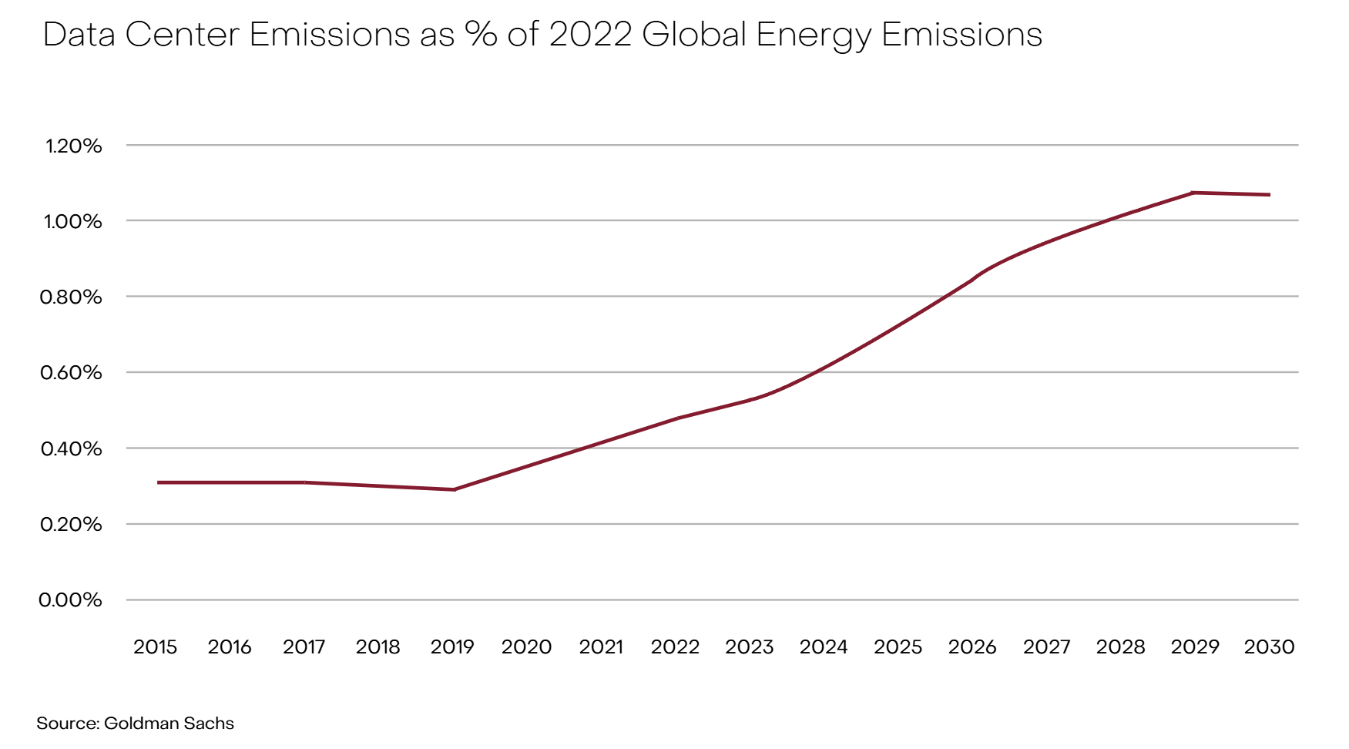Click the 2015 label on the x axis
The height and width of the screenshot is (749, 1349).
(x=155, y=647)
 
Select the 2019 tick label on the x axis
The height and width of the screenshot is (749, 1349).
(x=452, y=647)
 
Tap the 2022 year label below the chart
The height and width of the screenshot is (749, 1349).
(x=675, y=647)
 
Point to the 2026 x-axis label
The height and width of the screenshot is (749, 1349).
(x=972, y=647)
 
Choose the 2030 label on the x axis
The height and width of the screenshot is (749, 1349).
(x=1269, y=647)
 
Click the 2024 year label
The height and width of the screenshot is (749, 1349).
(x=824, y=647)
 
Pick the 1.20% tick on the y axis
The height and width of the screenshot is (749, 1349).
(x=73, y=146)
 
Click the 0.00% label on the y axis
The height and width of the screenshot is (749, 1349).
(x=70, y=600)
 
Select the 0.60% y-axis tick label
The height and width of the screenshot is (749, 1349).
(x=70, y=373)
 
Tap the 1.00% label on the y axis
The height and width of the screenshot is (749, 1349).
(x=72, y=222)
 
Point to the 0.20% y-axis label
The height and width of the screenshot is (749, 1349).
(x=70, y=525)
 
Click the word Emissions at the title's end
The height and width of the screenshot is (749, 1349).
(x=961, y=35)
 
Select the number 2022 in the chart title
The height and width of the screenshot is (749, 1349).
(x=590, y=35)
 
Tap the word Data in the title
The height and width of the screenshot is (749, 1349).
(x=79, y=35)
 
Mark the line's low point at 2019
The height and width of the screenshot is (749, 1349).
(x=455, y=489)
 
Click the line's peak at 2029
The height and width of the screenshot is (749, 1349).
(x=1193, y=192)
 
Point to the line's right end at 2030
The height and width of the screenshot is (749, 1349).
(x=1269, y=195)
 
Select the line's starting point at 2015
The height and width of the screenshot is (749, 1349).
(x=158, y=482)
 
